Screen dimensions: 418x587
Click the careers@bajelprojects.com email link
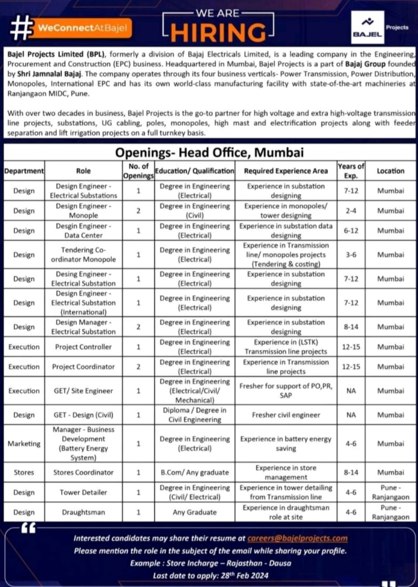(297, 538)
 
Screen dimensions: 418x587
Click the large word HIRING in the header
(218, 32)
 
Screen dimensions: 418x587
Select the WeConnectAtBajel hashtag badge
(82, 28)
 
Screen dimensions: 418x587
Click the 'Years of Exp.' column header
(351, 171)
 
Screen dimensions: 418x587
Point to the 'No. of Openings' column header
(138, 171)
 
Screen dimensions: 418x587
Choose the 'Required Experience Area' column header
(286, 171)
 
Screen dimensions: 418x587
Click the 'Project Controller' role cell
(83, 347)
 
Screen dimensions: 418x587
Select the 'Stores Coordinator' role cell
(83, 472)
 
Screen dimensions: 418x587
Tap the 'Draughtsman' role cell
(83, 512)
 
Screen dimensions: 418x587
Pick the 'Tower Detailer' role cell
(83, 492)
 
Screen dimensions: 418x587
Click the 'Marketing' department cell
(24, 444)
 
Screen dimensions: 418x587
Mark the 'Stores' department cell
(24, 472)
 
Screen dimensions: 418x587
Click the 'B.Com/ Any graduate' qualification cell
(195, 472)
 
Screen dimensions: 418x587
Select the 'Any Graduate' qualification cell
(195, 512)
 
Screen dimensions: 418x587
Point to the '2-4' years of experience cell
(351, 211)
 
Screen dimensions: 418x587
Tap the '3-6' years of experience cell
(351, 255)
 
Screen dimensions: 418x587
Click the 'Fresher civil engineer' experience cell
(286, 415)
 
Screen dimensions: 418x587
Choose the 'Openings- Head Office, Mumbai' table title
(209, 152)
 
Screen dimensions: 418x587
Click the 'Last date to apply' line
(211, 576)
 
